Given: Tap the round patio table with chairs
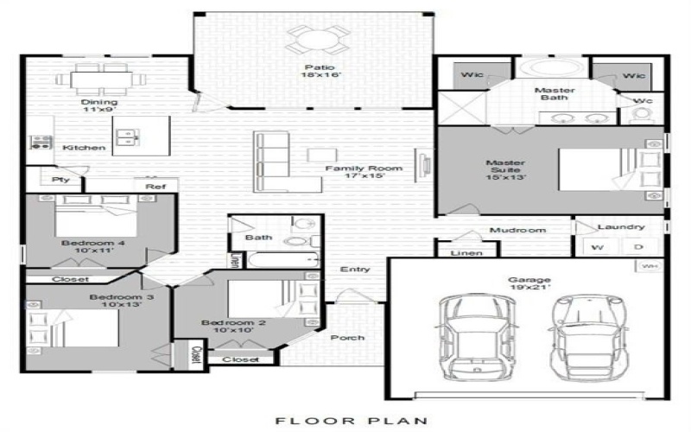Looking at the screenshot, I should [319, 38].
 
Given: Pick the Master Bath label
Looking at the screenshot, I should [555, 95].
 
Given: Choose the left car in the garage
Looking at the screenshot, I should [472, 337].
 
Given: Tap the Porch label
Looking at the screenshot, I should [347, 338].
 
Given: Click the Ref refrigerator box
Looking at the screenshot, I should [155, 186].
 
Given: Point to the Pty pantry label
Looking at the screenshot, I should [60, 181].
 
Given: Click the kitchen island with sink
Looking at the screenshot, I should [141, 136].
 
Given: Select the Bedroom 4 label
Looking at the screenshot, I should [93, 244].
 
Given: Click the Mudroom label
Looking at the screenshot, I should [518, 231].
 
